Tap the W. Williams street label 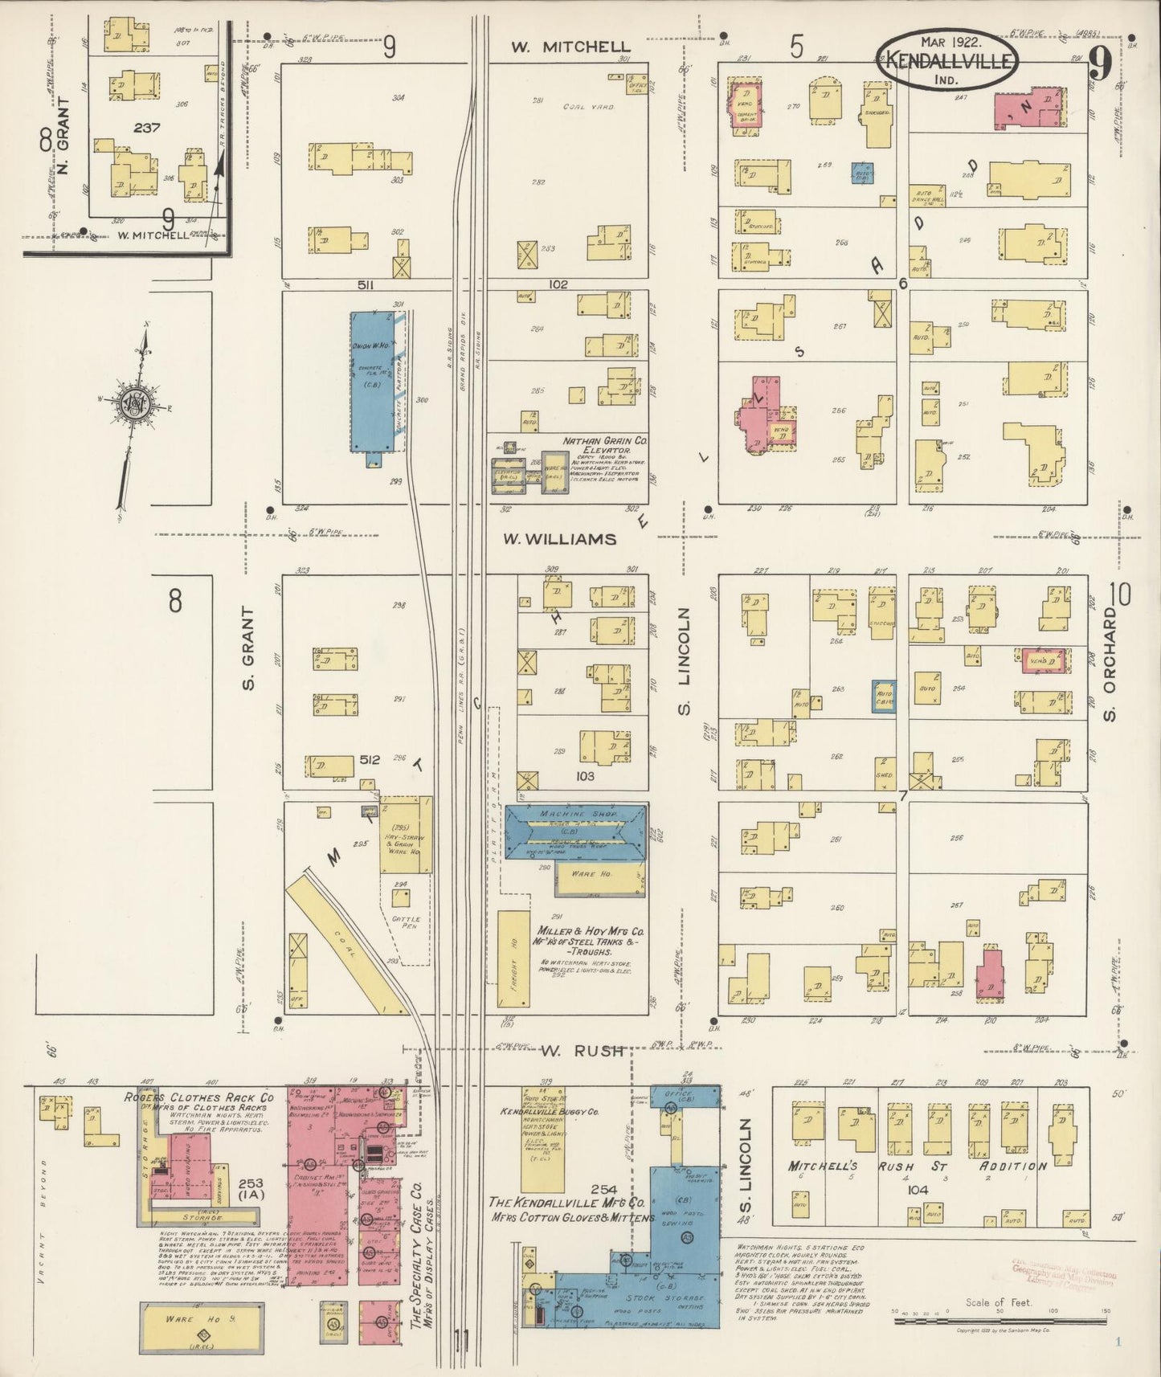coord(559,539)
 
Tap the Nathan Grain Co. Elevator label coord(605,446)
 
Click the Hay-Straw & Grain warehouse coord(406,836)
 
